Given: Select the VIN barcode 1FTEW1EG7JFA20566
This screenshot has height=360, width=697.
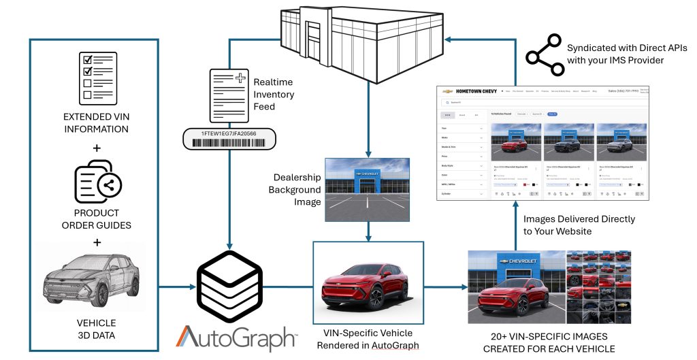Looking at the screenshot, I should click(x=229, y=139).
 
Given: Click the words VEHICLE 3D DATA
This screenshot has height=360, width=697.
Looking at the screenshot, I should click(x=96, y=328).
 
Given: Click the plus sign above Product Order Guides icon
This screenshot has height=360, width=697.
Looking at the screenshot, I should click(x=97, y=147).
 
